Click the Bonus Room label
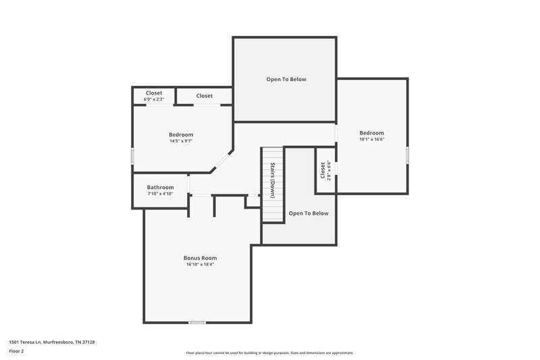(200, 257)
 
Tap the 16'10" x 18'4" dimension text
(200, 264)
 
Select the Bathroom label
(161, 187)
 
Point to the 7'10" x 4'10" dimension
(161, 194)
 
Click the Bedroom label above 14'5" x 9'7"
(181, 134)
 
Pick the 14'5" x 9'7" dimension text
(181, 141)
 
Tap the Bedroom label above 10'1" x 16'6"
(371, 133)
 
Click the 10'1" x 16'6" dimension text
(371, 140)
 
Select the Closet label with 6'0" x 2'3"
(154, 93)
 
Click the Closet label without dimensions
(205, 96)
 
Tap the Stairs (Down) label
(272, 180)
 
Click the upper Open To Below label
(286, 79)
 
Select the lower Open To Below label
(308, 213)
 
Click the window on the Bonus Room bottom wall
(196, 323)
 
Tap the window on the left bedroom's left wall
(132, 155)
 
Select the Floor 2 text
(16, 351)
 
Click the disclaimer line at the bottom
(270, 353)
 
